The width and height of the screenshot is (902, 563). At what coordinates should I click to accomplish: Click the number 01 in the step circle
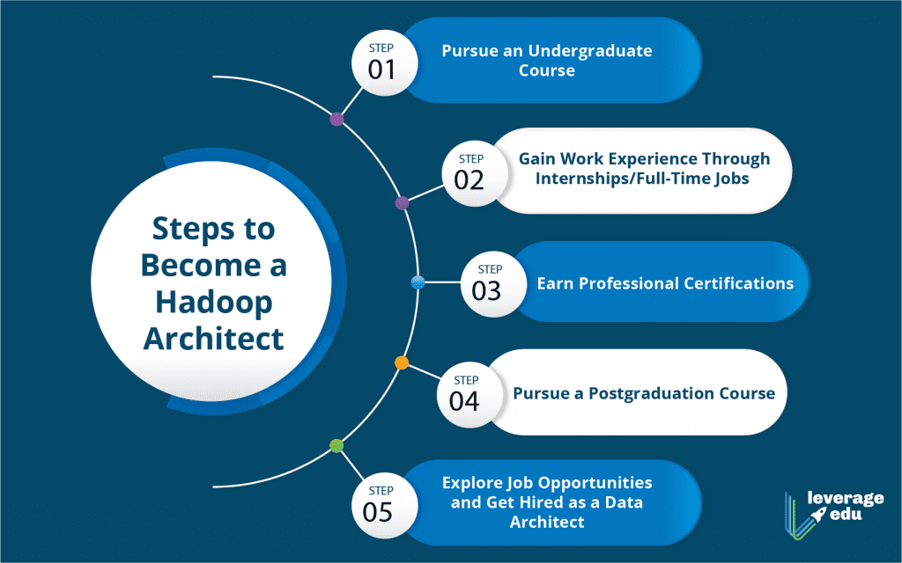click(381, 70)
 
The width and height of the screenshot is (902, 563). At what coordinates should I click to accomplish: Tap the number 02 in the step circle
click(469, 180)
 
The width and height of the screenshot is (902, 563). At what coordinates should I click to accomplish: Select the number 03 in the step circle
click(486, 290)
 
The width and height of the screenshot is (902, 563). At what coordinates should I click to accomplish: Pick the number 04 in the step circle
click(464, 401)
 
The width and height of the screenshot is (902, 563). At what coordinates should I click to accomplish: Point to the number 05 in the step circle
click(377, 512)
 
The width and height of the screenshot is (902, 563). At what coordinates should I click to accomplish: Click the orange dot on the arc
click(402, 362)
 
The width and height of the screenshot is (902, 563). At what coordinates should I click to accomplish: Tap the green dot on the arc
click(336, 446)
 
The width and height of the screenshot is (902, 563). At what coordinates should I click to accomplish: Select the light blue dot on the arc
click(418, 282)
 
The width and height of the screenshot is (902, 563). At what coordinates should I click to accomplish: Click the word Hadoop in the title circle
click(214, 303)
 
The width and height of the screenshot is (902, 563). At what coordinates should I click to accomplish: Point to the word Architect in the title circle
click(213, 339)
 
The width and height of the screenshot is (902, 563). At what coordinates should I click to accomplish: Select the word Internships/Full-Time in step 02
click(621, 179)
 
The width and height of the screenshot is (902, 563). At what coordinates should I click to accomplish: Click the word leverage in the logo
click(846, 499)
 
